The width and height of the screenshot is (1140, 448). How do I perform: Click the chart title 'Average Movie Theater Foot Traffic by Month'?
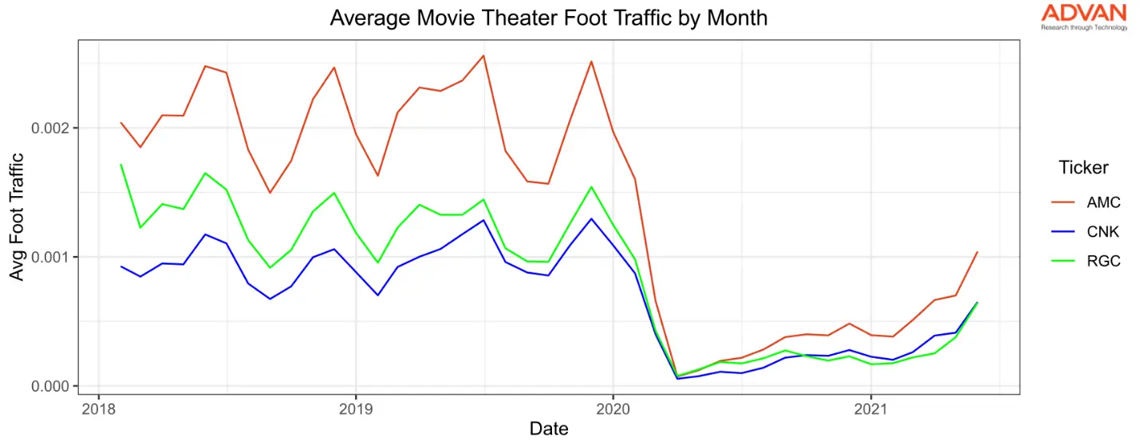pyautogui.click(x=549, y=18)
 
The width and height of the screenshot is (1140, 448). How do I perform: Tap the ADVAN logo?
pyautogui.click(x=1083, y=16)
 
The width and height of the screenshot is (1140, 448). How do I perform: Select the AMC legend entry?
pyautogui.click(x=1103, y=202)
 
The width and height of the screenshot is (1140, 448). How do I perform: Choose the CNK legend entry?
pyautogui.click(x=1103, y=232)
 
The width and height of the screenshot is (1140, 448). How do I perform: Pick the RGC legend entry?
pyautogui.click(x=1103, y=261)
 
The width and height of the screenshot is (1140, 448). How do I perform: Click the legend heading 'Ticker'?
pyautogui.click(x=1083, y=167)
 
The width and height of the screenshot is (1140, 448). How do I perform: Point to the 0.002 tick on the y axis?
pyautogui.click(x=50, y=128)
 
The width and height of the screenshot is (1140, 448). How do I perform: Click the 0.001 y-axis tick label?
pyautogui.click(x=50, y=257)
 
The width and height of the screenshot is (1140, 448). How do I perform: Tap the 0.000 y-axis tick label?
pyautogui.click(x=50, y=386)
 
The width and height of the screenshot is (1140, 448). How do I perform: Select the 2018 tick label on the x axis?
pyautogui.click(x=98, y=408)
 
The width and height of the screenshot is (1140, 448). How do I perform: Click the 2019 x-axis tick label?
pyautogui.click(x=355, y=408)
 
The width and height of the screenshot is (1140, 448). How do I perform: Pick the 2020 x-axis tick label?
pyautogui.click(x=613, y=408)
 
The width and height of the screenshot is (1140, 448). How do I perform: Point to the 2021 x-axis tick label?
pyautogui.click(x=870, y=408)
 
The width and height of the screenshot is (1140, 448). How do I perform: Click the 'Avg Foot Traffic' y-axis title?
pyautogui.click(x=17, y=217)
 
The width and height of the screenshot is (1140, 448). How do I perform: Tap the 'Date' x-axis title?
pyautogui.click(x=549, y=429)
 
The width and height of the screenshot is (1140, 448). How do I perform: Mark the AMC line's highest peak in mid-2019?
pyautogui.click(x=483, y=56)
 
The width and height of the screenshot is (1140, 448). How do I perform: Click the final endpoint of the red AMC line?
pyautogui.click(x=977, y=252)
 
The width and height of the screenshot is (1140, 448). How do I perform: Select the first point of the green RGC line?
pyautogui.click(x=120, y=165)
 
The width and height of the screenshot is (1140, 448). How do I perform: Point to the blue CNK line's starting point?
pyautogui.click(x=120, y=266)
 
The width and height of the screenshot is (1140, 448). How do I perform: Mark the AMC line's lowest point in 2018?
pyautogui.click(x=270, y=193)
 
